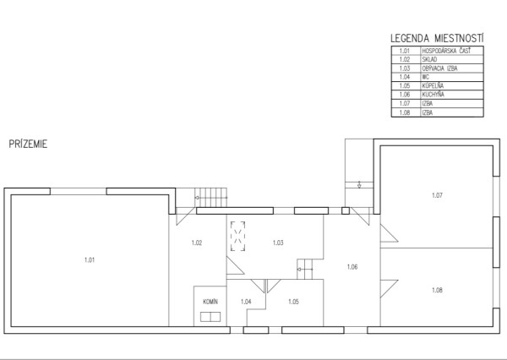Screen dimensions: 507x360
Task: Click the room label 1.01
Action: click(x=90, y=259)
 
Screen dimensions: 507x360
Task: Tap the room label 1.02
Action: click(x=197, y=243)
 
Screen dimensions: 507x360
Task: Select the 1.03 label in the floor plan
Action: click(x=278, y=243)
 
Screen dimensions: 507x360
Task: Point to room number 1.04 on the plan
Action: click(x=246, y=302)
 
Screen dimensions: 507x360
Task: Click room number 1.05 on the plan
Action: click(x=293, y=302)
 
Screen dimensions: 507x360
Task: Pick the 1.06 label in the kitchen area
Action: click(x=352, y=266)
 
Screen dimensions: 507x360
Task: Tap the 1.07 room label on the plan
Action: click(x=437, y=195)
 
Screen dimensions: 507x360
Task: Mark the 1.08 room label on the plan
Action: click(x=437, y=290)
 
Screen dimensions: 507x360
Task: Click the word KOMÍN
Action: click(x=210, y=302)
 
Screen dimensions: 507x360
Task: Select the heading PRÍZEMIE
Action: click(x=28, y=144)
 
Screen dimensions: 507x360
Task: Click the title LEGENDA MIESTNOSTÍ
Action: click(x=437, y=38)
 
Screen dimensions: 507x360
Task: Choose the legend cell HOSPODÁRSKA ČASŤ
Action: click(x=446, y=51)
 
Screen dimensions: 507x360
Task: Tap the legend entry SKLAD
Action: click(x=429, y=59)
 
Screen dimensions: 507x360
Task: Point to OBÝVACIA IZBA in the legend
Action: click(x=439, y=68)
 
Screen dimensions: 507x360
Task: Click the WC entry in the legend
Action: click(x=425, y=77)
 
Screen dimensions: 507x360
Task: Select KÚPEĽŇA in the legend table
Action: click(x=433, y=85)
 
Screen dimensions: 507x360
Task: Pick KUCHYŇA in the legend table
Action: click(x=433, y=95)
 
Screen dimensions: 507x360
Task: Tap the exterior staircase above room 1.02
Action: click(x=210, y=197)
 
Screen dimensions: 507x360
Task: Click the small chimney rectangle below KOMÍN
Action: click(x=210, y=317)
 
